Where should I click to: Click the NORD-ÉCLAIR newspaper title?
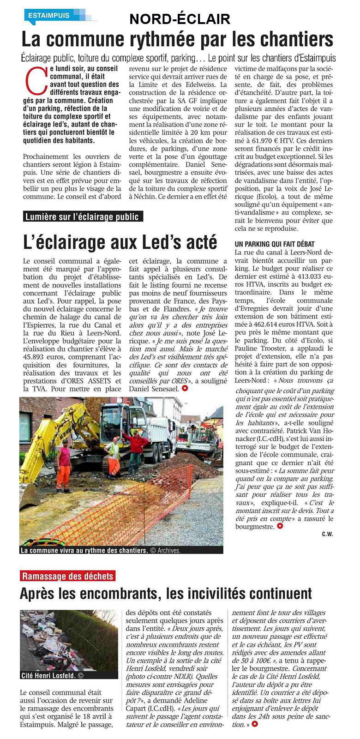[180, 19]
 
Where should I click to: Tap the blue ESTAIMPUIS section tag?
[49, 15]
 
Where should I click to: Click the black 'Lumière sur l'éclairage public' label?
[82, 216]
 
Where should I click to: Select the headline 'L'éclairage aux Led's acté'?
[120, 242]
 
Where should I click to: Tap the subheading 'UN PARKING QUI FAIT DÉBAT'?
[275, 244]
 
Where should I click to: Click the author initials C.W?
[327, 534]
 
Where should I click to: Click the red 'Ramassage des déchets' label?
[67, 576]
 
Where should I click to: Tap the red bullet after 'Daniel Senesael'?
[185, 388]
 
